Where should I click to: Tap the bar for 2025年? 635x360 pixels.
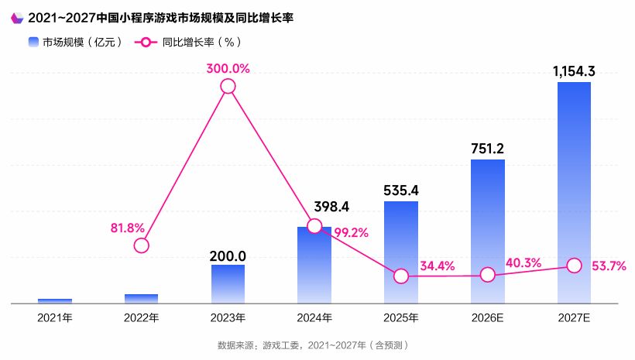tap(400, 252)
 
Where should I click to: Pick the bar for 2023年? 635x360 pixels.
tap(228, 283)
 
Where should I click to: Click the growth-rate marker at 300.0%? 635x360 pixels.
tap(228, 86)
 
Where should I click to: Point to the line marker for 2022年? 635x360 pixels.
tap(141, 245)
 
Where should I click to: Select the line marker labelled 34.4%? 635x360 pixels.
tap(400, 276)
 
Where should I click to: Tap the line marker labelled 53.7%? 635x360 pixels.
tap(574, 266)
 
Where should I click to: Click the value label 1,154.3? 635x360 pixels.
tap(574, 71)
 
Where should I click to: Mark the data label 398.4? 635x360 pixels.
tap(331, 207)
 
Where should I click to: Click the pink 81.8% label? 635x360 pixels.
tap(128, 228)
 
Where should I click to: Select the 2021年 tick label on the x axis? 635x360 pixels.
tap(54, 317)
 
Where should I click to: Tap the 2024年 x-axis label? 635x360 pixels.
tap(314, 317)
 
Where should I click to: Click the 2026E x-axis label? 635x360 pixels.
tap(487, 317)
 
